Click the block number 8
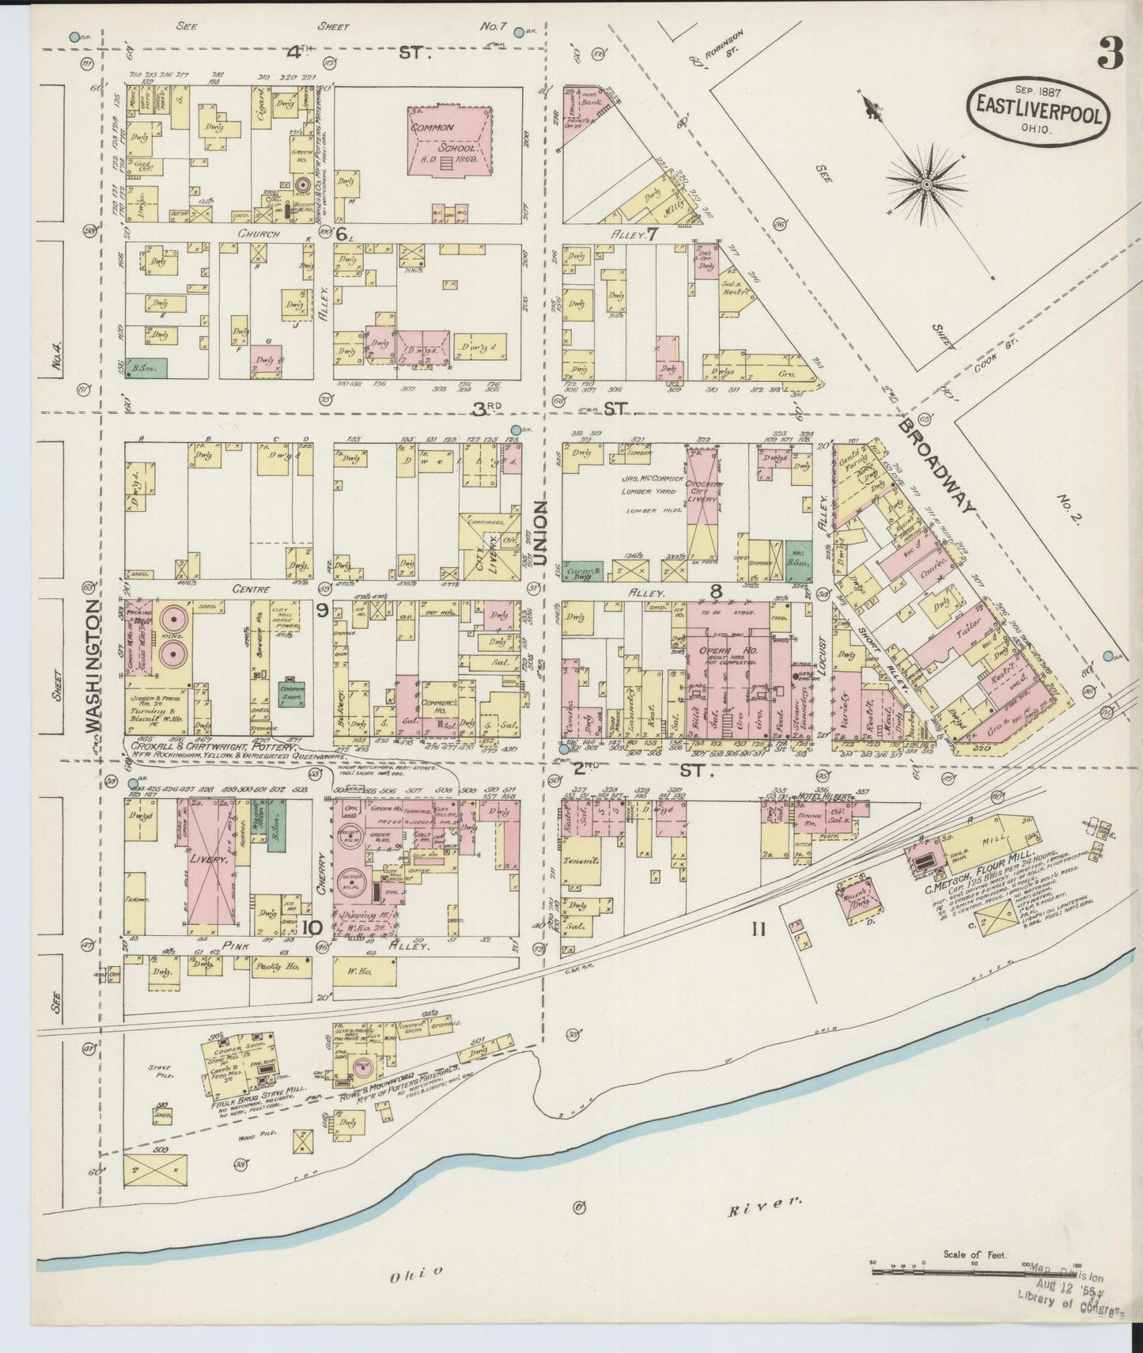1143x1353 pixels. point(716,589)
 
